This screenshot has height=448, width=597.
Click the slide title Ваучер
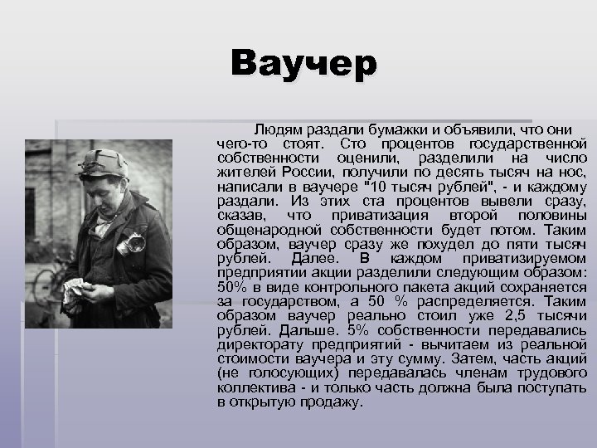tap(303, 65)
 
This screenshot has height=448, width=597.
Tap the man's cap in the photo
tap(105, 160)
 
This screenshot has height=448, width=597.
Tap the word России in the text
tap(300, 173)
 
